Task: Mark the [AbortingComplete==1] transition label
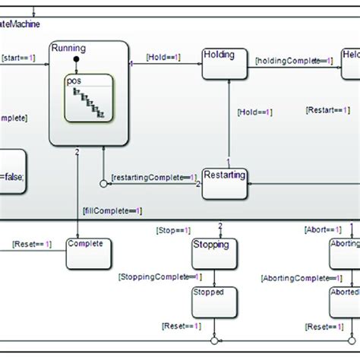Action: coord(293,278)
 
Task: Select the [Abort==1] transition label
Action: coord(316,229)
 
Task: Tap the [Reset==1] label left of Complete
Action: coord(32,244)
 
